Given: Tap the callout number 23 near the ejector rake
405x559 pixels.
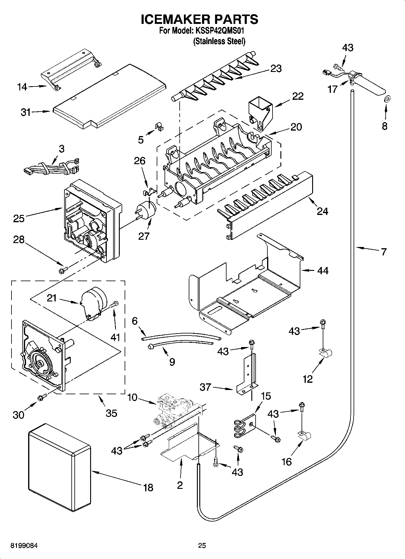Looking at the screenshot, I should tap(276, 68).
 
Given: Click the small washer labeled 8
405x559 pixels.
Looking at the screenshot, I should tap(387, 99).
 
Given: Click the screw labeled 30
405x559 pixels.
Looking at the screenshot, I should tap(41, 398).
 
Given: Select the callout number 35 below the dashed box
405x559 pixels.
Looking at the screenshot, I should tap(112, 413).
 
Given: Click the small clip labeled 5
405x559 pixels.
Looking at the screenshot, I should tap(158, 126).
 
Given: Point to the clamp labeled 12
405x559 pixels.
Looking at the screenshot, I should tap(326, 353).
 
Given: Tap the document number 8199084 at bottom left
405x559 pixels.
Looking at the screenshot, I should tap(24, 546).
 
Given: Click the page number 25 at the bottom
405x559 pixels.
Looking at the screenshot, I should tap(202, 546).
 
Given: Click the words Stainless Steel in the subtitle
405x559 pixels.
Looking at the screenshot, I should tap(219, 41).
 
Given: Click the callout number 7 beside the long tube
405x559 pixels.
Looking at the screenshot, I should tap(384, 252).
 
